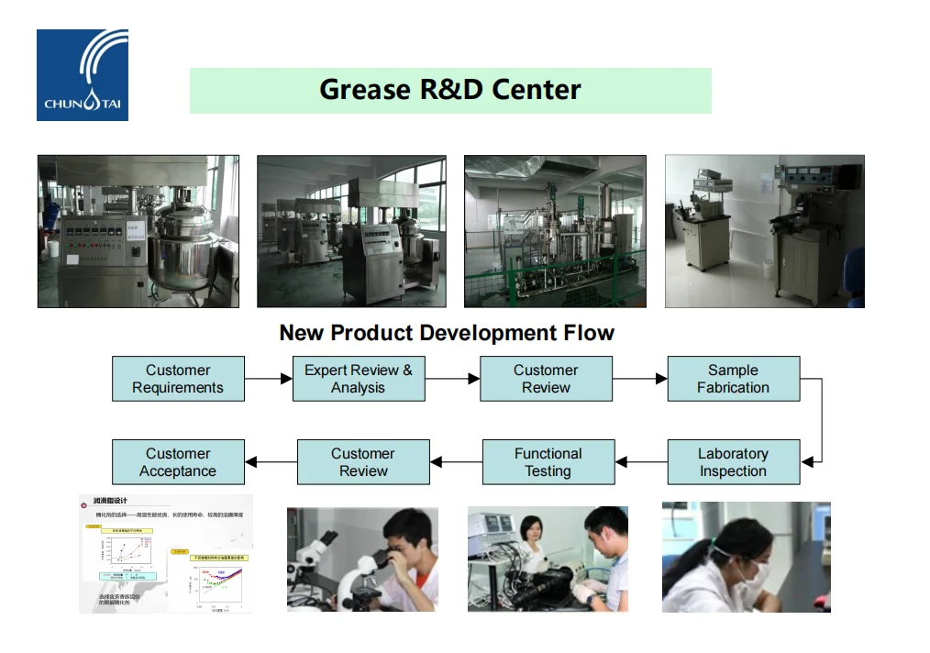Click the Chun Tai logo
pyautogui.click(x=83, y=75)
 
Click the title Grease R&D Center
pyautogui.click(x=450, y=90)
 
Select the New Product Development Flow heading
pyautogui.click(x=447, y=333)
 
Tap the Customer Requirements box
pyautogui.click(x=178, y=379)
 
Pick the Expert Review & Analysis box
pyautogui.click(x=359, y=379)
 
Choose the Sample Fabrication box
pyautogui.click(x=733, y=379)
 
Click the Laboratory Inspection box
pyautogui.click(x=733, y=462)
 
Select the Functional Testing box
pyautogui.click(x=548, y=462)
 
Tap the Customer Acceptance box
pyautogui.click(x=178, y=462)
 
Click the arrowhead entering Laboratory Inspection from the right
pyautogui.click(x=806, y=462)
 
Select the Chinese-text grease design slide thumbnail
pyautogui.click(x=166, y=554)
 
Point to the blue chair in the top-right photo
pyautogui.click(x=855, y=276)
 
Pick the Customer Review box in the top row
pyautogui.click(x=546, y=379)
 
